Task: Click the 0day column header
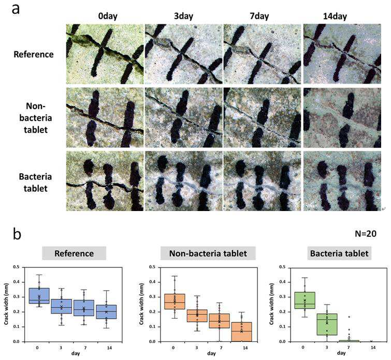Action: click(x=108, y=17)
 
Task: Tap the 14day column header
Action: click(x=335, y=17)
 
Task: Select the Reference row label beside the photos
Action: click(x=34, y=54)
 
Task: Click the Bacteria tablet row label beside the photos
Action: click(x=35, y=183)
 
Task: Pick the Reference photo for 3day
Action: click(x=183, y=54)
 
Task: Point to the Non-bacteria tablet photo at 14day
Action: click(x=342, y=117)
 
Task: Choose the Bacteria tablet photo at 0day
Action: click(x=105, y=181)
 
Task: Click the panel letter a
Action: click(x=16, y=9)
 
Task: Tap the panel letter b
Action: click(x=17, y=234)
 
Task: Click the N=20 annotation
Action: click(x=366, y=234)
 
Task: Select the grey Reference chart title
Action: click(x=74, y=253)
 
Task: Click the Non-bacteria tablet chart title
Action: click(x=208, y=253)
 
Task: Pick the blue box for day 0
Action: click(x=39, y=296)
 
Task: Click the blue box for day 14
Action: click(x=107, y=312)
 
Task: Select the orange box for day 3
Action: click(x=197, y=316)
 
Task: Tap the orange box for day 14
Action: click(x=242, y=332)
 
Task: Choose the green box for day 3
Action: click(x=327, y=324)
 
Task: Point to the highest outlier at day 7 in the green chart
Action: click(x=349, y=317)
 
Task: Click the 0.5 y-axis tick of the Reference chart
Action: click(x=17, y=267)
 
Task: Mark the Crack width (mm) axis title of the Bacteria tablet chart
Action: click(x=272, y=304)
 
